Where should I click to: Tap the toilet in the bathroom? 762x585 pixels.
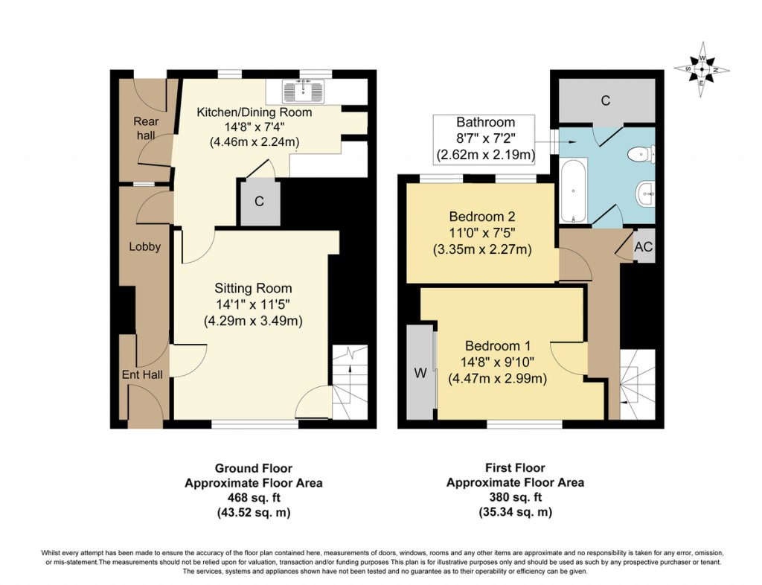pyautogui.click(x=641, y=155)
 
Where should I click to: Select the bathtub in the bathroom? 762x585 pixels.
pyautogui.click(x=574, y=191)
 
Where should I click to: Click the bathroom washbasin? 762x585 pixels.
pyautogui.click(x=645, y=194)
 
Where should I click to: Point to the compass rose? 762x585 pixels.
pyautogui.click(x=702, y=69)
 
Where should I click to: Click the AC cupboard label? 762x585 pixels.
pyautogui.click(x=644, y=247)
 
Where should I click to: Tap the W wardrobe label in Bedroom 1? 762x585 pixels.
pyautogui.click(x=420, y=373)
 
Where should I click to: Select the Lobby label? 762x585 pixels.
pyautogui.click(x=145, y=246)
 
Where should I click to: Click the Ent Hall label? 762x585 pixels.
pyautogui.click(x=142, y=374)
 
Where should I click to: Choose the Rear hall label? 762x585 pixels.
pyautogui.click(x=146, y=128)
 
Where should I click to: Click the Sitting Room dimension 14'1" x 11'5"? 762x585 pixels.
pyautogui.click(x=253, y=304)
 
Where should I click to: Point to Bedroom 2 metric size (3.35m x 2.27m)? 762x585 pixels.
pyautogui.click(x=482, y=250)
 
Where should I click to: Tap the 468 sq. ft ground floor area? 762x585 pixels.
pyautogui.click(x=254, y=497)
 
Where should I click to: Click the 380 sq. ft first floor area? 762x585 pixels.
pyautogui.click(x=515, y=497)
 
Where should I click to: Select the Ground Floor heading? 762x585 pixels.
pyautogui.click(x=254, y=468)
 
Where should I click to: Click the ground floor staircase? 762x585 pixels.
pyautogui.click(x=350, y=383)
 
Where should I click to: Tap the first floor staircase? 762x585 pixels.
pyautogui.click(x=637, y=384)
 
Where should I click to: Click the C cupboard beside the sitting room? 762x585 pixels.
pyautogui.click(x=260, y=202)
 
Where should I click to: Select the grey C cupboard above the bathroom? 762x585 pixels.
pyautogui.click(x=606, y=100)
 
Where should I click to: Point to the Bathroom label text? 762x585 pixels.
pyautogui.click(x=485, y=122)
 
